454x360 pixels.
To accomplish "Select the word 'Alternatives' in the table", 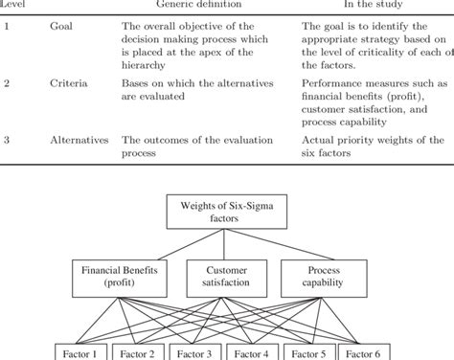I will click(x=79, y=141).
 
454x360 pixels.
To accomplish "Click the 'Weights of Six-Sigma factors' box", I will click(x=226, y=212).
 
